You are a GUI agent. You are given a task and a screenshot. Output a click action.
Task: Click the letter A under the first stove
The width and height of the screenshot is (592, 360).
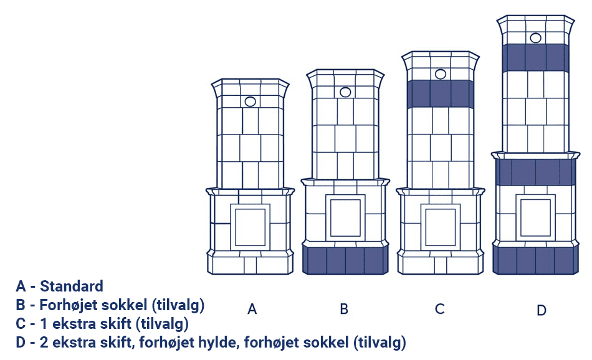pyautogui.click(x=252, y=309)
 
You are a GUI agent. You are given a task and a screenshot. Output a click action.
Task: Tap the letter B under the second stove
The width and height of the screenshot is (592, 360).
pyautogui.click(x=343, y=309)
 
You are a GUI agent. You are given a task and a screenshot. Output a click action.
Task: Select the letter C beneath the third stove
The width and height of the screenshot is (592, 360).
pyautogui.click(x=439, y=309)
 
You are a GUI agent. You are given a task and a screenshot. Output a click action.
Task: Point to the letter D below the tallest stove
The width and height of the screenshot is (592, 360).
pyautogui.click(x=541, y=310)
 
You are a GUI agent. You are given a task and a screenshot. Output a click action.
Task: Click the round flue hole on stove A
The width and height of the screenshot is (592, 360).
pyautogui.click(x=251, y=102)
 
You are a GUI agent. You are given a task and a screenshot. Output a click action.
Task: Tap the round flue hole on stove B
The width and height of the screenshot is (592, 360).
pyautogui.click(x=345, y=92)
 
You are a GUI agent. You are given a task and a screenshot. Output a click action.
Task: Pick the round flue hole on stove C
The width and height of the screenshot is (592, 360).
pyautogui.click(x=441, y=74)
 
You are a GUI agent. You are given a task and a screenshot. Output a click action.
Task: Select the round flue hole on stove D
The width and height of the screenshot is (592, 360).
pyautogui.click(x=536, y=38)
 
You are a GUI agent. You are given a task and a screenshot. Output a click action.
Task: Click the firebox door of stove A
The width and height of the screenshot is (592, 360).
pyautogui.click(x=251, y=227)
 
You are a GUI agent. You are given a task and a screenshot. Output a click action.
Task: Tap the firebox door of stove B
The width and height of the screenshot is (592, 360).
pyautogui.click(x=345, y=218)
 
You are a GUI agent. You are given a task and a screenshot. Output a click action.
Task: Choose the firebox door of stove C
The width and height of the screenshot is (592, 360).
pyautogui.click(x=441, y=227)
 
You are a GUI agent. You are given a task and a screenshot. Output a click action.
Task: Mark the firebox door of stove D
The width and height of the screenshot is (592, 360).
pyautogui.click(x=536, y=218)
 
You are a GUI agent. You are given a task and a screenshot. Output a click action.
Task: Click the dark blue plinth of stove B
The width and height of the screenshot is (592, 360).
pyautogui.click(x=345, y=260)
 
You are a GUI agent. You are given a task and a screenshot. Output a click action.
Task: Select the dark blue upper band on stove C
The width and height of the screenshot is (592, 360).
pyautogui.click(x=441, y=94)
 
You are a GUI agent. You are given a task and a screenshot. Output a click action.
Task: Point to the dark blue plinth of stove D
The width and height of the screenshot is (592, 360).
pyautogui.click(x=536, y=260)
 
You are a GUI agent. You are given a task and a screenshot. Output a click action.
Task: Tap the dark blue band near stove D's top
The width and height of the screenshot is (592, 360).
pyautogui.click(x=536, y=58)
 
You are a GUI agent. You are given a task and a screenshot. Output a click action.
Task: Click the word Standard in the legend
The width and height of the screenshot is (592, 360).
pyautogui.click(x=72, y=287)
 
